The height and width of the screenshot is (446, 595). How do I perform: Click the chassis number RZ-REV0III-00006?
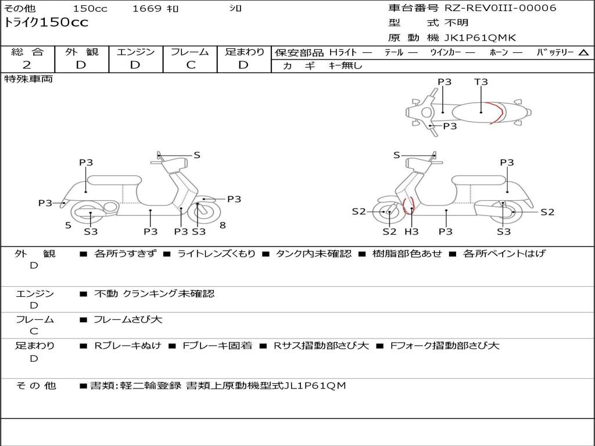click(x=500, y=8)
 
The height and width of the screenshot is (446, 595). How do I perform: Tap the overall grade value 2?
click(x=27, y=65)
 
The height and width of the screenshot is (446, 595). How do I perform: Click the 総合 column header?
click(x=27, y=52)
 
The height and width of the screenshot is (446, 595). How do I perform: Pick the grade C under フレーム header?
click(x=191, y=65)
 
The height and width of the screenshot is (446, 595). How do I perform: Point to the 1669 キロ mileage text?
click(x=156, y=9)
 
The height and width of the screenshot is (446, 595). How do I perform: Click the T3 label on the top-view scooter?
click(x=481, y=82)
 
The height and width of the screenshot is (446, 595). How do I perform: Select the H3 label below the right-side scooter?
click(x=411, y=232)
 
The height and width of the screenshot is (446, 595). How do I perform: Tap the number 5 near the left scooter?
click(x=68, y=225)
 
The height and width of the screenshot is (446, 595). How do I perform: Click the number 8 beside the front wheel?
click(x=223, y=225)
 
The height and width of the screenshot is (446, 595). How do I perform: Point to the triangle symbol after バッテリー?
click(x=584, y=53)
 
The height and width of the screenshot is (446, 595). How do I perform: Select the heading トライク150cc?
click(x=46, y=23)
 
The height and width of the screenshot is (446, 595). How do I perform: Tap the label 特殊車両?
click(x=28, y=79)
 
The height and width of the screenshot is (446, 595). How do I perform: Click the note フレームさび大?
click(x=128, y=319)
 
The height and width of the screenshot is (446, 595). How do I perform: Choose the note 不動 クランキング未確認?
click(x=154, y=294)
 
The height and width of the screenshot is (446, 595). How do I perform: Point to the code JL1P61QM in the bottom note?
click(x=316, y=385)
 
